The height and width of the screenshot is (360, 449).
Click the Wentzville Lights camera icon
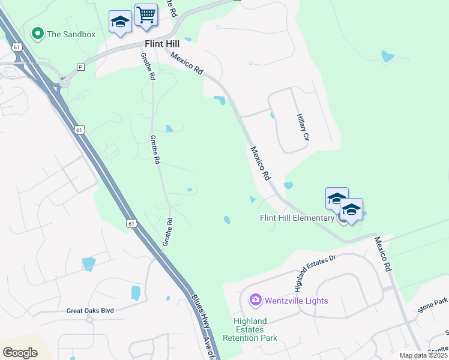coord(255,299)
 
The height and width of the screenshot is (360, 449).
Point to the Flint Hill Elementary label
coord(297,218)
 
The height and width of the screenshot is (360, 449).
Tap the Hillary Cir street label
coord(302,128)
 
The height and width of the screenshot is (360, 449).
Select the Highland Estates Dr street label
coord(314,268)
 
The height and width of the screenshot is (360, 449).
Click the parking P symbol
coord(80,67)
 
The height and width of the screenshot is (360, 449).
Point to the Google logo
coord(20,352)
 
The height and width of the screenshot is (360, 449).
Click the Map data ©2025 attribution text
coord(424,355)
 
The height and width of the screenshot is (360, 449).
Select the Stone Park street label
coord(433,306)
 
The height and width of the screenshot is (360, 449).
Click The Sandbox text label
coord(71,34)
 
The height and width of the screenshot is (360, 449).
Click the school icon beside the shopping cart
coord(120,23)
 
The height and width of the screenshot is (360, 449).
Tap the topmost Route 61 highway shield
coord(16,46)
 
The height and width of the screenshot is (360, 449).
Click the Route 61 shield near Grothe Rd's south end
coord(131,223)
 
